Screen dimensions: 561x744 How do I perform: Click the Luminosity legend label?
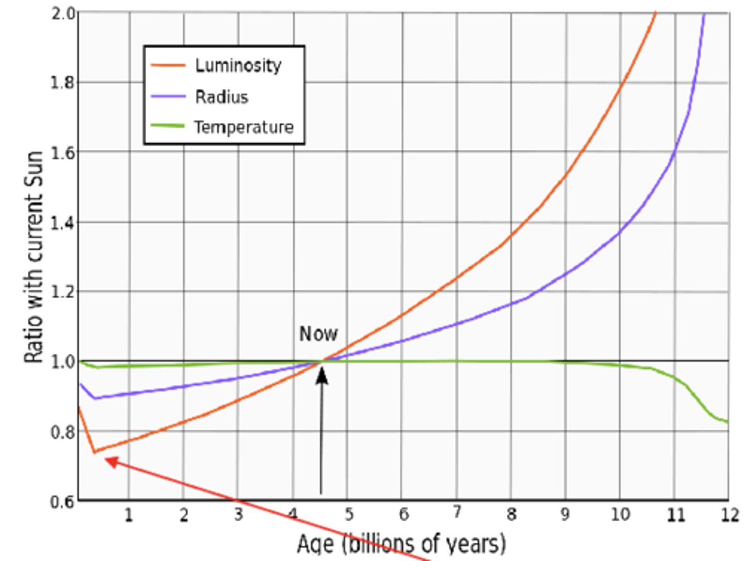tap(238, 66)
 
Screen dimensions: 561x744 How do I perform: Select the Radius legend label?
tap(221, 97)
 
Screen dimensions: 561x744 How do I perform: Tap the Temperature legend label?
tap(243, 127)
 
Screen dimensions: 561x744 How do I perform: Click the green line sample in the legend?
tap(167, 126)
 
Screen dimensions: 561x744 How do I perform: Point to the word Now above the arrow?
tap(318, 334)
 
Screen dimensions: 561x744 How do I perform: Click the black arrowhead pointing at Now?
tap(321, 375)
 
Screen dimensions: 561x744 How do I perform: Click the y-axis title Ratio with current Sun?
tap(34, 257)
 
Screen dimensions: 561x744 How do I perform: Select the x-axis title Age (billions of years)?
tap(401, 543)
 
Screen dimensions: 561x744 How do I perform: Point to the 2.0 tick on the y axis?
tap(63, 13)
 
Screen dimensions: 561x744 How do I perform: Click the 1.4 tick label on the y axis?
tap(63, 223)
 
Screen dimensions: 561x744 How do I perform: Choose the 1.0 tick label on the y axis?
tap(63, 361)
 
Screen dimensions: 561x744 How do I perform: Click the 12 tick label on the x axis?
tap(730, 515)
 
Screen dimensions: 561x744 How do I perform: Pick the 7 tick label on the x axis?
tap(457, 513)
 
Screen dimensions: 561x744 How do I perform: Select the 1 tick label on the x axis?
tap(129, 515)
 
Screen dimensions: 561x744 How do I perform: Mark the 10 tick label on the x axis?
tap(620, 514)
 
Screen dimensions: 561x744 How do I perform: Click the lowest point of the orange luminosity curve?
tap(95, 452)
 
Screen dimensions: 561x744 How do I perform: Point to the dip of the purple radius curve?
tap(95, 398)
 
